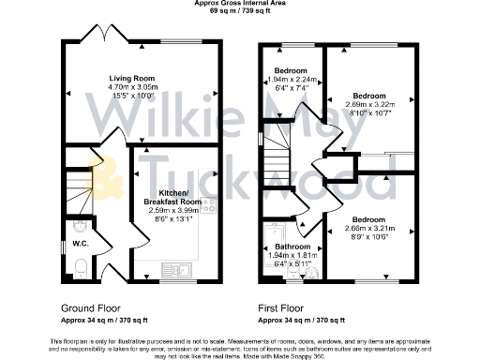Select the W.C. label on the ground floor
coord(80,243)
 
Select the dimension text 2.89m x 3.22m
coord(367,105)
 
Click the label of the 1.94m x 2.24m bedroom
coord(291,72)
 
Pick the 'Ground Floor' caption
coord(90,307)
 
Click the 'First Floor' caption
coord(285,307)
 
